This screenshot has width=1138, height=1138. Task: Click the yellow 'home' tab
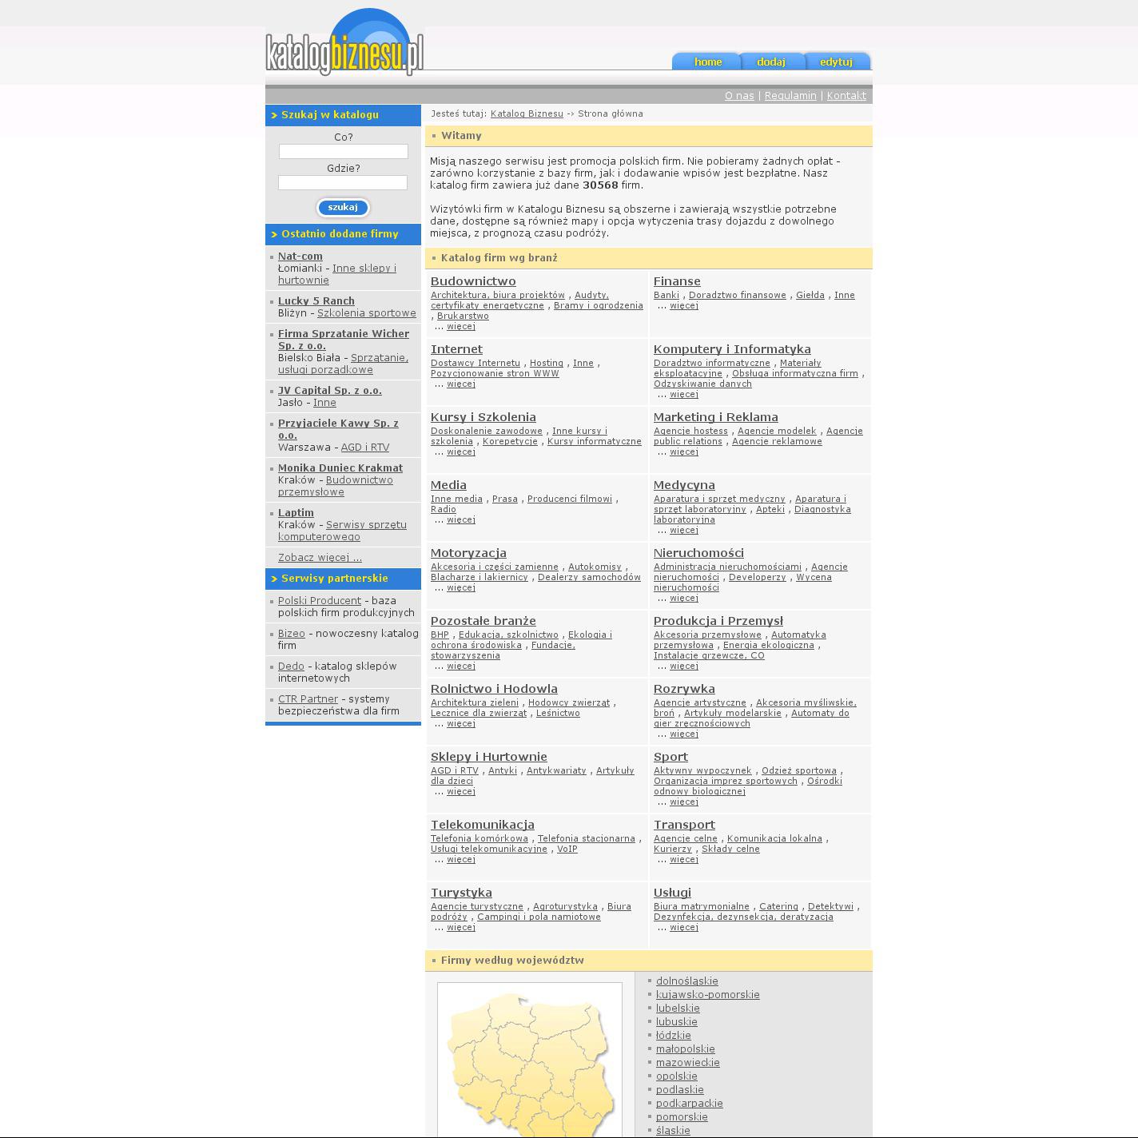707,62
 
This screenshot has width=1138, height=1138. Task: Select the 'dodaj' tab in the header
771,62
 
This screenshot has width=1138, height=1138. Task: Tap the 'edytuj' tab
836,62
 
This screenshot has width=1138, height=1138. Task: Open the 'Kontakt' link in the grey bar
846,96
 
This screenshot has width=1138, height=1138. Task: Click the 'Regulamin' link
790,96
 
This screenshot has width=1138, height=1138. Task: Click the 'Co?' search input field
344,151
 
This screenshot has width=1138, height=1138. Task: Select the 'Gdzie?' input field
343,183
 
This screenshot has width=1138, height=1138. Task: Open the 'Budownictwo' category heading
473,281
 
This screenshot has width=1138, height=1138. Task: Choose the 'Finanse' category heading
677,281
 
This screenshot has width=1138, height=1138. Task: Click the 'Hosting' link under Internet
547,363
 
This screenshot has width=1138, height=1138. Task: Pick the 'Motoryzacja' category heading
468,553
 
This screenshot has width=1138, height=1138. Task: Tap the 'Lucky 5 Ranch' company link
316,301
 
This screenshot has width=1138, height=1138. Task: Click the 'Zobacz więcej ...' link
320,558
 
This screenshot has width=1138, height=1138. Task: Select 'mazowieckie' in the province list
687,1063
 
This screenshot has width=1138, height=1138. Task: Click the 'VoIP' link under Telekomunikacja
567,849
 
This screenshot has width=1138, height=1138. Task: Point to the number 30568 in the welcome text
600,185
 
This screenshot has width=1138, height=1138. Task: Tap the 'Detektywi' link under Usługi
830,906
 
